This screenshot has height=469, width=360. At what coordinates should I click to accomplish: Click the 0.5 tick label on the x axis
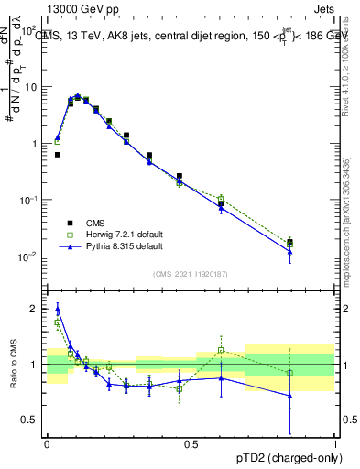pos(191,443)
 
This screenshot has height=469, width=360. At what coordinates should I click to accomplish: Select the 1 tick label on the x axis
pos(334,443)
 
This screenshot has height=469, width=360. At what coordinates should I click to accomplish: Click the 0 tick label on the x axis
pos(47,443)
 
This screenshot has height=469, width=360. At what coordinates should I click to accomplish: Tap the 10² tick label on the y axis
pos(30,31)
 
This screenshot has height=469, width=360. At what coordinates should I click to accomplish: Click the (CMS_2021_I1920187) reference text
pos(190,272)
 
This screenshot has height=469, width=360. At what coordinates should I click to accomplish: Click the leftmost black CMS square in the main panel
pos(57,155)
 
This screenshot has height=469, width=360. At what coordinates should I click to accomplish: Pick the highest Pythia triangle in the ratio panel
pos(57,308)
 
